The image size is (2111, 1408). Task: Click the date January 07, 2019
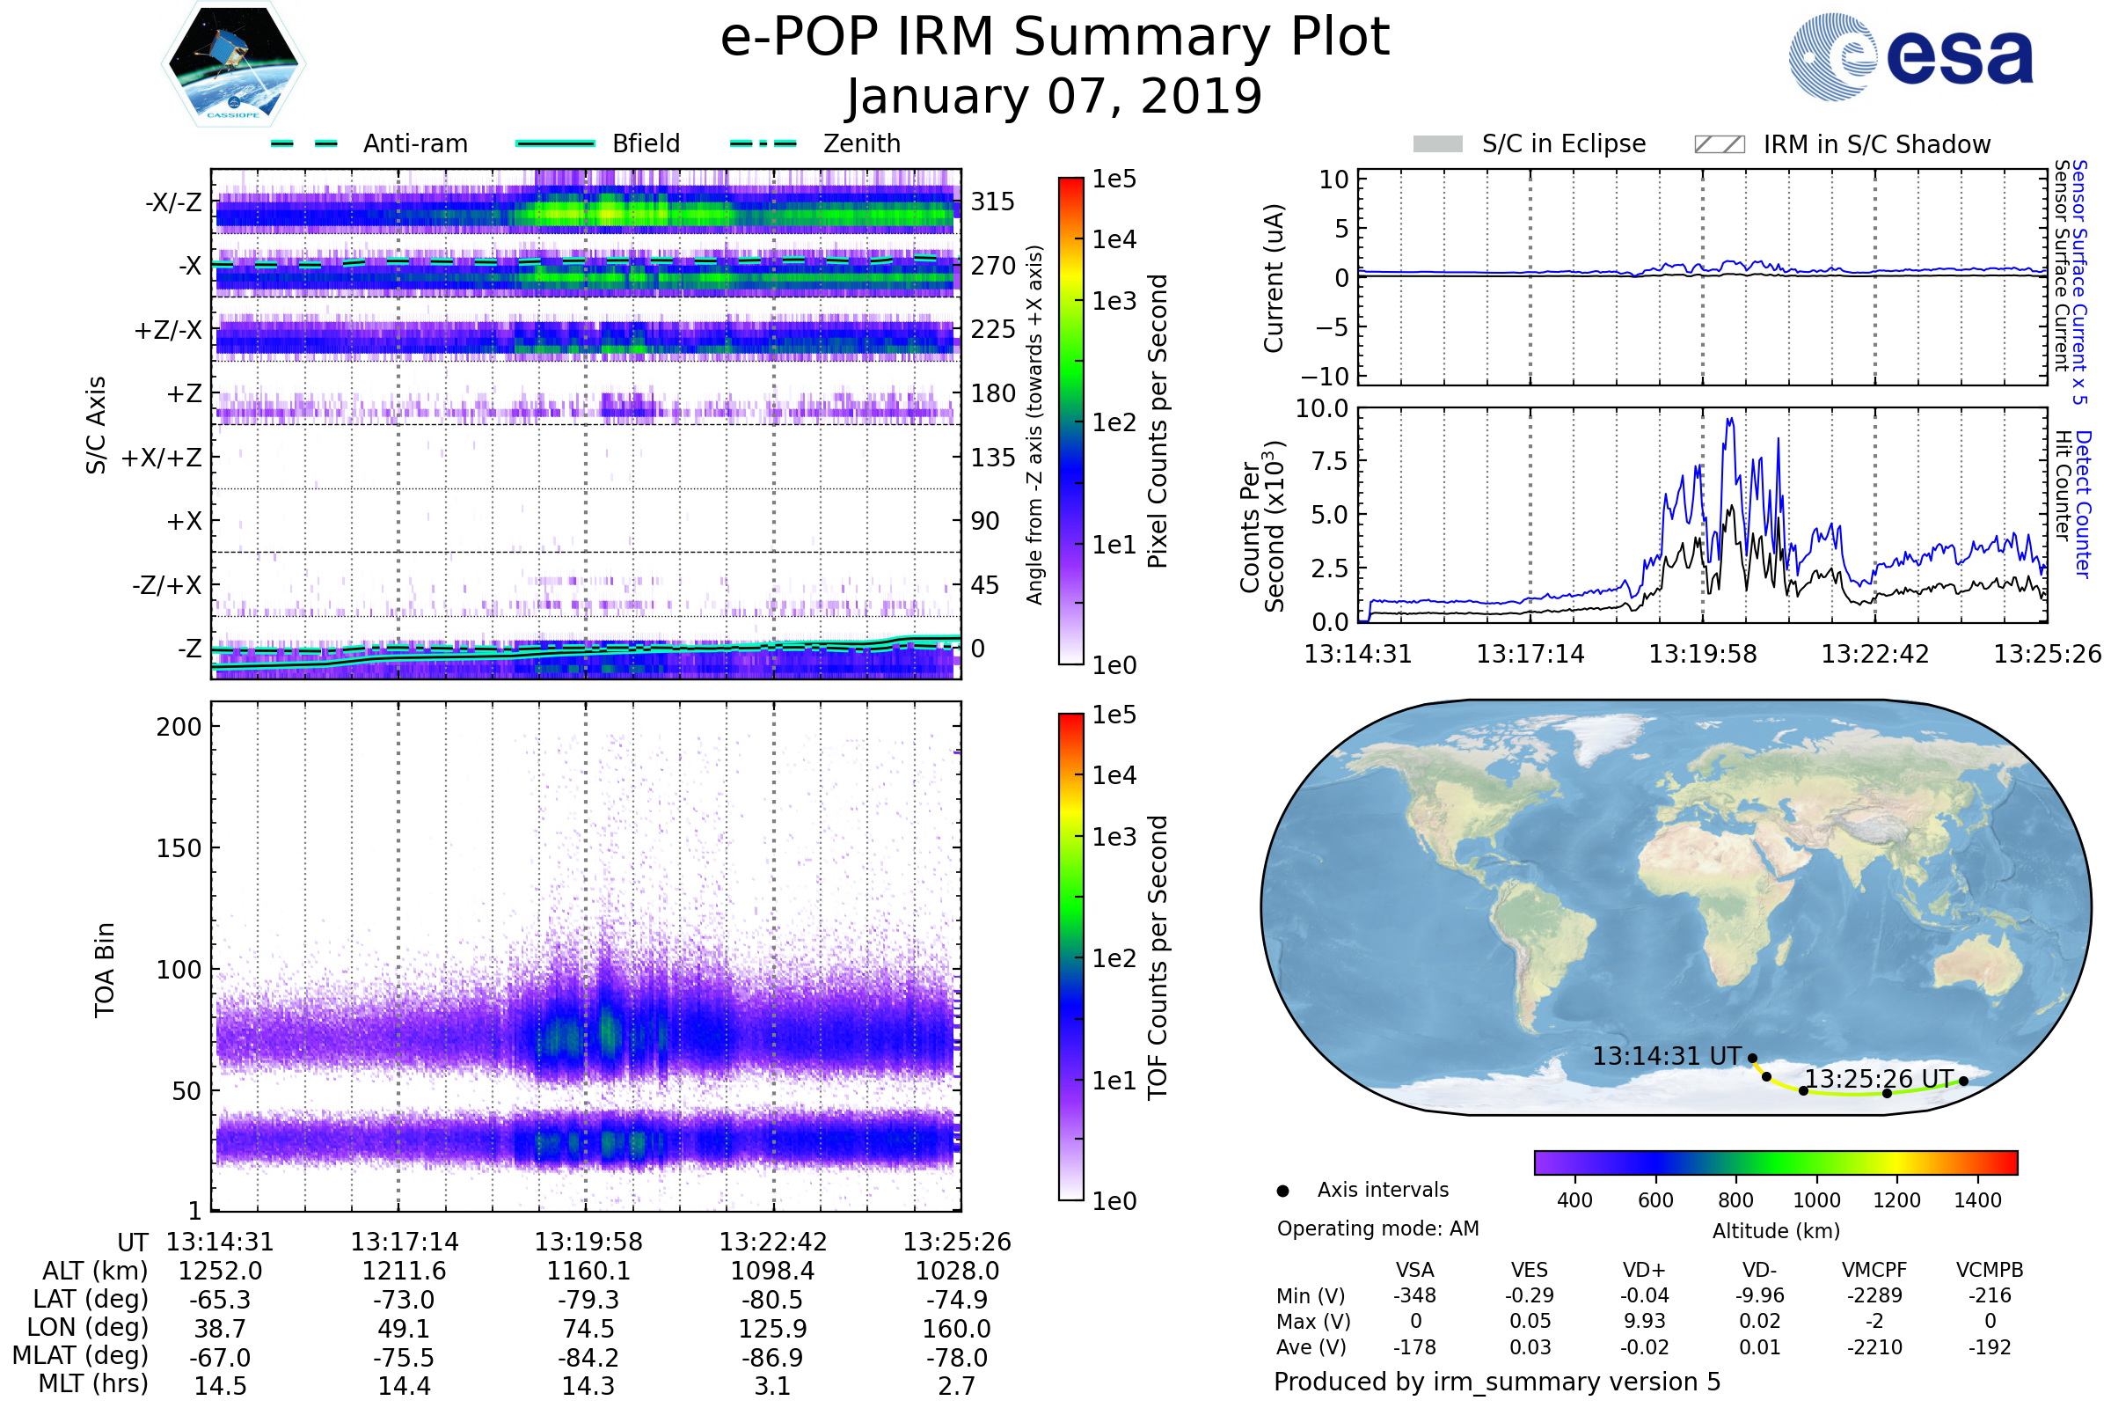(x=1054, y=97)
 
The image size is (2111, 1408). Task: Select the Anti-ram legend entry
(x=414, y=143)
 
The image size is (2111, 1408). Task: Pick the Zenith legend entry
(x=861, y=143)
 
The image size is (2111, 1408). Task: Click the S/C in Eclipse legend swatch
(x=1437, y=144)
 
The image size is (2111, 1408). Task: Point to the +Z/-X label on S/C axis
(x=168, y=331)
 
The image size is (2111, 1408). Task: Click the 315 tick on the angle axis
(x=993, y=202)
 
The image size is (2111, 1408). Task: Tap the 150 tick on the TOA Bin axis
(x=179, y=848)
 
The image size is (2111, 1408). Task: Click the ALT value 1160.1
(x=588, y=1271)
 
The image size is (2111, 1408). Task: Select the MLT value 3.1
(x=772, y=1385)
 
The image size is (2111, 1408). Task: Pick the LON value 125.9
(x=772, y=1328)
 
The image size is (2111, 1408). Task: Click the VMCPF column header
(x=1874, y=1270)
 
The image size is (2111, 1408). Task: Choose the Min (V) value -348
(x=1414, y=1295)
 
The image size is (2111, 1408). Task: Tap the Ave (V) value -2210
(x=1874, y=1347)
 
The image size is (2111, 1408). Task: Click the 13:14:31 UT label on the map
(x=1667, y=1056)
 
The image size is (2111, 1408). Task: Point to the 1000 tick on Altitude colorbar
(x=1815, y=1200)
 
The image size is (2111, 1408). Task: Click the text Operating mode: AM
(x=1377, y=1228)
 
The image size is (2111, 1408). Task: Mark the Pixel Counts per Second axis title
(x=1158, y=421)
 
